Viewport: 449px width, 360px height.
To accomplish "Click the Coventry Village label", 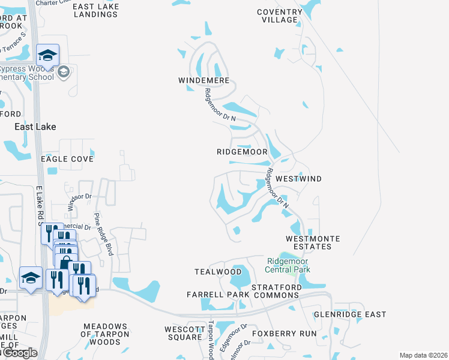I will point(280,16).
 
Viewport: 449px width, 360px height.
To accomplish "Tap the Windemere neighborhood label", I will point(203,80).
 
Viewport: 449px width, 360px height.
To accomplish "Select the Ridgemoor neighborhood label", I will point(242,152).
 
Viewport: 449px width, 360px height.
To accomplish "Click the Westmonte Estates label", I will point(313,243).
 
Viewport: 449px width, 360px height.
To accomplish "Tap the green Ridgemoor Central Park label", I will point(289,265).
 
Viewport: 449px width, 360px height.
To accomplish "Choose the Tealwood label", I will point(217,272).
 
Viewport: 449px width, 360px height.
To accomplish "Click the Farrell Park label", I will point(217,295).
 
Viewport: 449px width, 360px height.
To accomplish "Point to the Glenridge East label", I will point(351,314).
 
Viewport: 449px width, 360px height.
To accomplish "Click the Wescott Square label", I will point(184,333).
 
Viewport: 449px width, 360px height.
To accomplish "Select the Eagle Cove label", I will point(67,159).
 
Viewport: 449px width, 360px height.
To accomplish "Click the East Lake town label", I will point(35,127).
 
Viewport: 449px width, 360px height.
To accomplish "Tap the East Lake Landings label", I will point(96,10).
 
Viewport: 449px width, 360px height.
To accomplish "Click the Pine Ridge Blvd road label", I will point(102,234).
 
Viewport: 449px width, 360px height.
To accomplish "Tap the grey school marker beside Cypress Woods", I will point(65,73).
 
